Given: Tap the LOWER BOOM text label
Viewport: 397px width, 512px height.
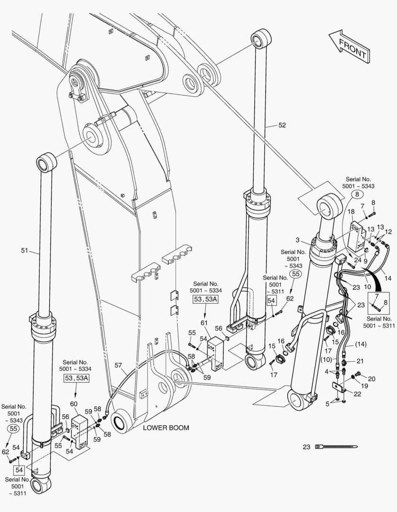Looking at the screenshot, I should pos(166,428).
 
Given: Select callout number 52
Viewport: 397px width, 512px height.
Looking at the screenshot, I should pos(282,125).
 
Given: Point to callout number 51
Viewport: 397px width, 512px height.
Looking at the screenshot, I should pos(25,251).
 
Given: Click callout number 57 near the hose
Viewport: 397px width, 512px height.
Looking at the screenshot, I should pos(118,366).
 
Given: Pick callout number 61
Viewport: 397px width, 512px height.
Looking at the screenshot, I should pos(204,323).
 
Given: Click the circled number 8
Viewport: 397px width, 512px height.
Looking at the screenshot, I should pos(357,194).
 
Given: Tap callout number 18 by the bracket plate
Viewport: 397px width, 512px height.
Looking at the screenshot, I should pos(351,212).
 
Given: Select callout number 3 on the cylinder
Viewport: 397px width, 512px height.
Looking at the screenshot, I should pos(297,241).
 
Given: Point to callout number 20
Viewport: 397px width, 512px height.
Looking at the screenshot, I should pos(371,378).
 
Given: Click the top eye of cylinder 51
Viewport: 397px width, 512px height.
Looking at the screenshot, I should pos(46,163).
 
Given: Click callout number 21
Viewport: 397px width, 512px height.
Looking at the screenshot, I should pos(360,361).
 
